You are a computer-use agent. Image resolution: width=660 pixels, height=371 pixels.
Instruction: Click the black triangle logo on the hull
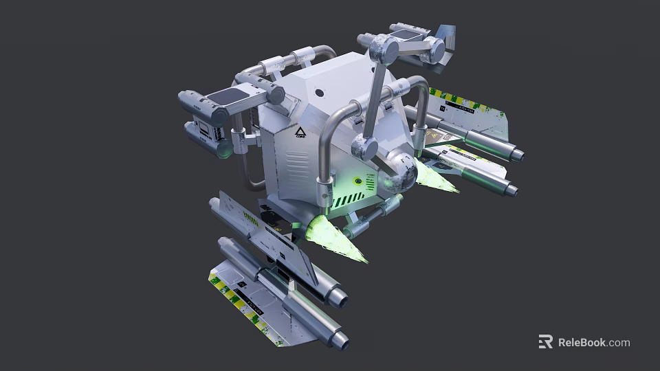(299, 131)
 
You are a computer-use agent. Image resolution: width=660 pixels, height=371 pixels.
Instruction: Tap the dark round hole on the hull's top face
(318, 92)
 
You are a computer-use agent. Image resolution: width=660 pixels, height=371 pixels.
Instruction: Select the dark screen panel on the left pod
(229, 98)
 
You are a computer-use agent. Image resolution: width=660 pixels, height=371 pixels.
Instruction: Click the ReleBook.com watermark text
(593, 342)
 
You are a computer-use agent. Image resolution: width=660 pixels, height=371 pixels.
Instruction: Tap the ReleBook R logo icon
(545, 341)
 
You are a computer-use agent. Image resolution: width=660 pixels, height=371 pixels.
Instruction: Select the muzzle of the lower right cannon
(511, 188)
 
